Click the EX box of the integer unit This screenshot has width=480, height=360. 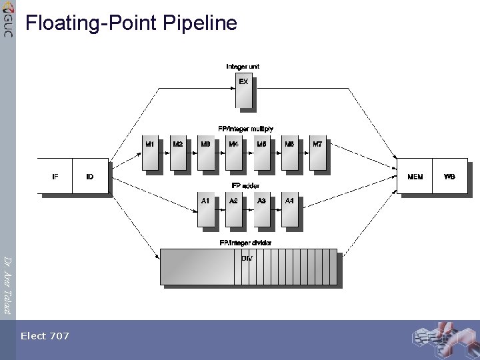tap(244, 90)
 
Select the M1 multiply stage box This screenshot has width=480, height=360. tap(150, 152)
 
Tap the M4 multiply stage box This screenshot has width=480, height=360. tap(234, 152)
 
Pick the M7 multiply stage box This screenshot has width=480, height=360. tap(318, 152)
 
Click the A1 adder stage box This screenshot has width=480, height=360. tap(206, 209)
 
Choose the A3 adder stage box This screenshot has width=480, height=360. tap(262, 209)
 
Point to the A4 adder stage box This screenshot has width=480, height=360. tap(290, 209)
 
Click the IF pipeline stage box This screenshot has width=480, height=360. tap(55, 176)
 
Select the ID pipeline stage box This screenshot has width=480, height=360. tap(90, 176)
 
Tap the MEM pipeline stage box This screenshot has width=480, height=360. tap(415, 176)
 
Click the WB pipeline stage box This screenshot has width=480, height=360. tap(450, 176)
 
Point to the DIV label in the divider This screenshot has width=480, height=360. tap(246, 259)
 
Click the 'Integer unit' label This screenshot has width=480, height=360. tap(243, 66)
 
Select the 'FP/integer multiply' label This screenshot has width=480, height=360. tap(245, 128)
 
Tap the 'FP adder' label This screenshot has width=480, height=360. tap(245, 185)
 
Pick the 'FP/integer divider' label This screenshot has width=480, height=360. tap(245, 243)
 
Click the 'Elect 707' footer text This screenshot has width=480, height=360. tap(45, 336)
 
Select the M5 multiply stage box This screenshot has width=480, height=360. tap(262, 152)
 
